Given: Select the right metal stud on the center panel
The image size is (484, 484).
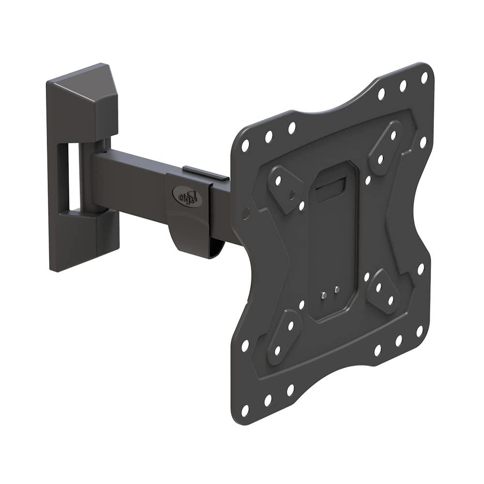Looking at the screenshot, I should pyautogui.click(x=337, y=289).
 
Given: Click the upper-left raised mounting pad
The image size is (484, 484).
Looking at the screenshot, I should pyautogui.click(x=285, y=183).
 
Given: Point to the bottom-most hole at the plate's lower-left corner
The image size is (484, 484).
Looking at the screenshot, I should pyautogui.click(x=245, y=410).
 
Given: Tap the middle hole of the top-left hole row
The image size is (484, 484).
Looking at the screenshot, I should pyautogui.click(x=268, y=137).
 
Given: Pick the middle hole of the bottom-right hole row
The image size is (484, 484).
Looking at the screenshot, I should pyautogui.click(x=399, y=340).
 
